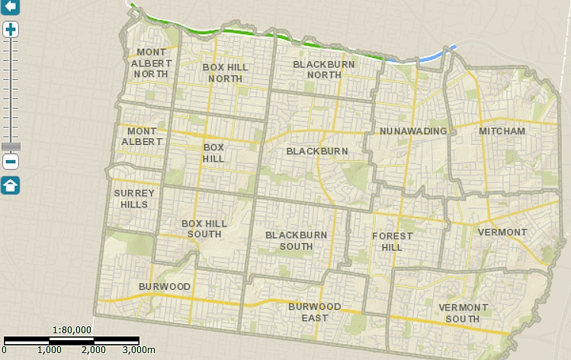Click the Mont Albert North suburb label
click(151, 63)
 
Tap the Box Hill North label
click(226, 72)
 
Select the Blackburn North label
click(318, 69)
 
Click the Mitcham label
click(502, 131)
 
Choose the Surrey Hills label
click(134, 198)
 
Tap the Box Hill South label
click(201, 228)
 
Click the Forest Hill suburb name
click(392, 241)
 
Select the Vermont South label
click(464, 312)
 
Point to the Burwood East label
click(314, 312)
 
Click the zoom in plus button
click(11, 30)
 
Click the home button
click(11, 185)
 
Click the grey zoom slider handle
click(11, 146)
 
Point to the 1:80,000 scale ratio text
click(72, 329)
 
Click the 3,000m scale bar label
click(140, 349)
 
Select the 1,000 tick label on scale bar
click(49, 349)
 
